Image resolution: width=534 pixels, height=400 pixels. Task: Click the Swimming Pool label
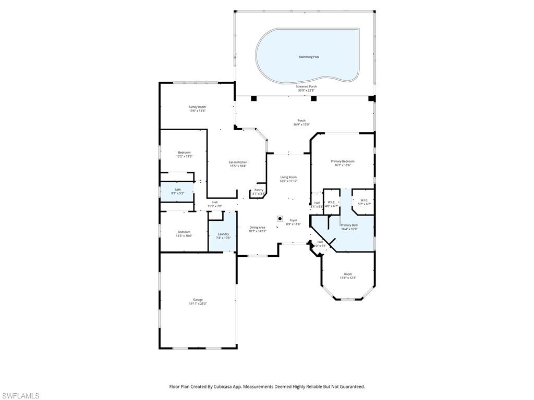click(x=309, y=57)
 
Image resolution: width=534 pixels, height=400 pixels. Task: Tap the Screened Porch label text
click(x=306, y=86)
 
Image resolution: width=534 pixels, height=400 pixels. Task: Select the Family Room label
click(x=197, y=107)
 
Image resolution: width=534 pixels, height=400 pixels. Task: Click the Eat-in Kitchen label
click(x=238, y=162)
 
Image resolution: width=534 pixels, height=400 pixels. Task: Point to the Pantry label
click(x=259, y=190)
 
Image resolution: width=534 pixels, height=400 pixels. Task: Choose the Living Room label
click(x=288, y=177)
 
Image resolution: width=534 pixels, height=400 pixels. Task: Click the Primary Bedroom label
click(x=343, y=161)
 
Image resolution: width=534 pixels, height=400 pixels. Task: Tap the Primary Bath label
click(x=349, y=225)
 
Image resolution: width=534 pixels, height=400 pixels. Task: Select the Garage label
click(x=198, y=299)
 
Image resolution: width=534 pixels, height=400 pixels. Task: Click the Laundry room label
click(x=223, y=234)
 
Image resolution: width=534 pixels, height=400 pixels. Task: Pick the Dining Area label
click(x=258, y=227)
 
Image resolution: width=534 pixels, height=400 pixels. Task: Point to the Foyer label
click(x=294, y=220)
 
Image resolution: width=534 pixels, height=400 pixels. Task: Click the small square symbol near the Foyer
click(x=280, y=219)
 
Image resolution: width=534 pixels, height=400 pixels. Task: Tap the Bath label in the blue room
click(x=178, y=190)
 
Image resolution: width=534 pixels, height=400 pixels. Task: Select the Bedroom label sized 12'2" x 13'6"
click(x=184, y=153)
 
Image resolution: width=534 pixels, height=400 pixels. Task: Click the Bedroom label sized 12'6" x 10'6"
click(x=184, y=232)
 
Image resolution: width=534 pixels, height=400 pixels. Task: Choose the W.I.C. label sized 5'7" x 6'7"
click(x=364, y=200)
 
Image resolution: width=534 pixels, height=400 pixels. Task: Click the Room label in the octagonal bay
click(x=348, y=274)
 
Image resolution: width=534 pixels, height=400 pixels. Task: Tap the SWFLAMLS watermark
click(x=20, y=396)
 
